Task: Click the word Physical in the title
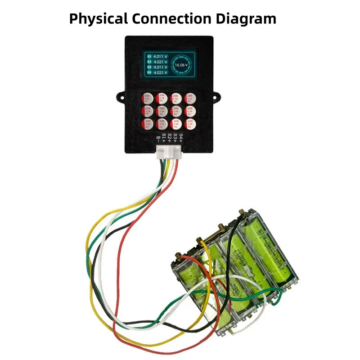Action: pyautogui.click(x=99, y=18)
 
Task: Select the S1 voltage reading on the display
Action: pyautogui.click(x=160, y=57)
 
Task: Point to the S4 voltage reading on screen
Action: pyautogui.click(x=160, y=72)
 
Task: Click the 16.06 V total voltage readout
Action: pyautogui.click(x=181, y=65)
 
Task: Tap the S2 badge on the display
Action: pyautogui.click(x=149, y=62)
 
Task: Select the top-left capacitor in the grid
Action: pyautogui.click(x=148, y=98)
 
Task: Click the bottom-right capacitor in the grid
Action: pyautogui.click(x=191, y=124)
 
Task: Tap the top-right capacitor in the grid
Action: pyautogui.click(x=191, y=98)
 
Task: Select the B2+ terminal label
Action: pyautogui.click(x=170, y=137)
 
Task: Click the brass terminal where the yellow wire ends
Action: pyautogui.click(x=201, y=245)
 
